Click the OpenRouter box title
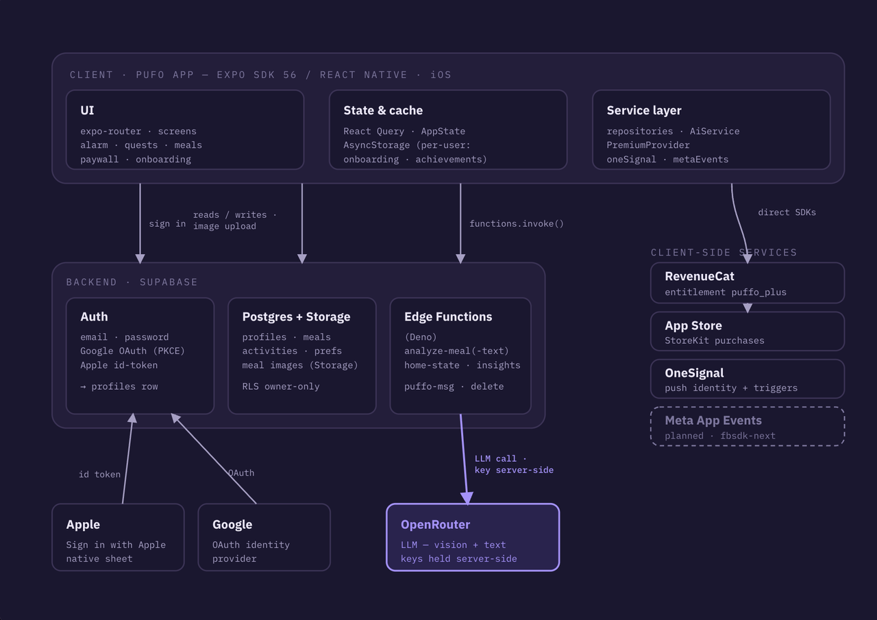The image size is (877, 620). [435, 525]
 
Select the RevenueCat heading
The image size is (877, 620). [700, 276]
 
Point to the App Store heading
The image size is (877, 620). [693, 325]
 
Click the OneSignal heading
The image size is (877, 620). [694, 373]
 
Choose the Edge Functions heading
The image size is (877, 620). [448, 317]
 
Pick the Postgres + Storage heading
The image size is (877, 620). [296, 317]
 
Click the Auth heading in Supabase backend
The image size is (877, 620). [94, 317]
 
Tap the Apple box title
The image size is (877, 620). [83, 525]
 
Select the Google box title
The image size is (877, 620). [232, 525]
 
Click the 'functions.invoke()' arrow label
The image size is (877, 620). [517, 223]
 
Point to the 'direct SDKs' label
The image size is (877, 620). [787, 212]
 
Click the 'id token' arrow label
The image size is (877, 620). [99, 474]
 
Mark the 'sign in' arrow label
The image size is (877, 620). [167, 224]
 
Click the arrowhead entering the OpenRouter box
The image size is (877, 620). [467, 498]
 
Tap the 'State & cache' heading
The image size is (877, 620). [383, 110]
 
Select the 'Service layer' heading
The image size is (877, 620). [643, 110]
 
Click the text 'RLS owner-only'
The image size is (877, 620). [281, 386]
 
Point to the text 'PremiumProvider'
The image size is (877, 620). [648, 145]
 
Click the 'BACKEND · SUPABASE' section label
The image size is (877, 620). [132, 282]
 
